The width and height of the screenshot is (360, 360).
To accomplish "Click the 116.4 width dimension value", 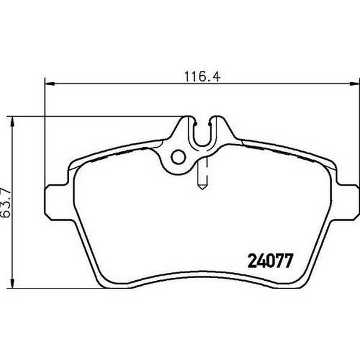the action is (x=202, y=76).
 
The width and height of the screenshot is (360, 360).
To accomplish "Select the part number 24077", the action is (x=270, y=261).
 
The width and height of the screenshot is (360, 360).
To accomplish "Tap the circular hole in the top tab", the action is (x=178, y=157).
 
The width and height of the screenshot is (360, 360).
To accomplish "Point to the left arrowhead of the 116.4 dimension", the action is (x=49, y=84).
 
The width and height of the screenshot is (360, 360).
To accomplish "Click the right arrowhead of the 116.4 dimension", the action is (x=355, y=84).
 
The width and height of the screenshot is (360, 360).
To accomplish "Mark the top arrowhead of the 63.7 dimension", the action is (x=13, y=121).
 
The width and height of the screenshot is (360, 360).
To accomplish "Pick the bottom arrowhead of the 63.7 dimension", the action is (x=13, y=283).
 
